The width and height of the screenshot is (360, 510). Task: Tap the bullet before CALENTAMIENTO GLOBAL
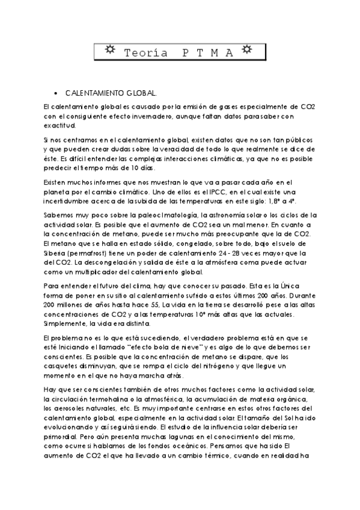56,93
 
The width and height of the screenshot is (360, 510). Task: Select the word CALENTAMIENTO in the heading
92,93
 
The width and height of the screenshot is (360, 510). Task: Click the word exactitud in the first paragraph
60,126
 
